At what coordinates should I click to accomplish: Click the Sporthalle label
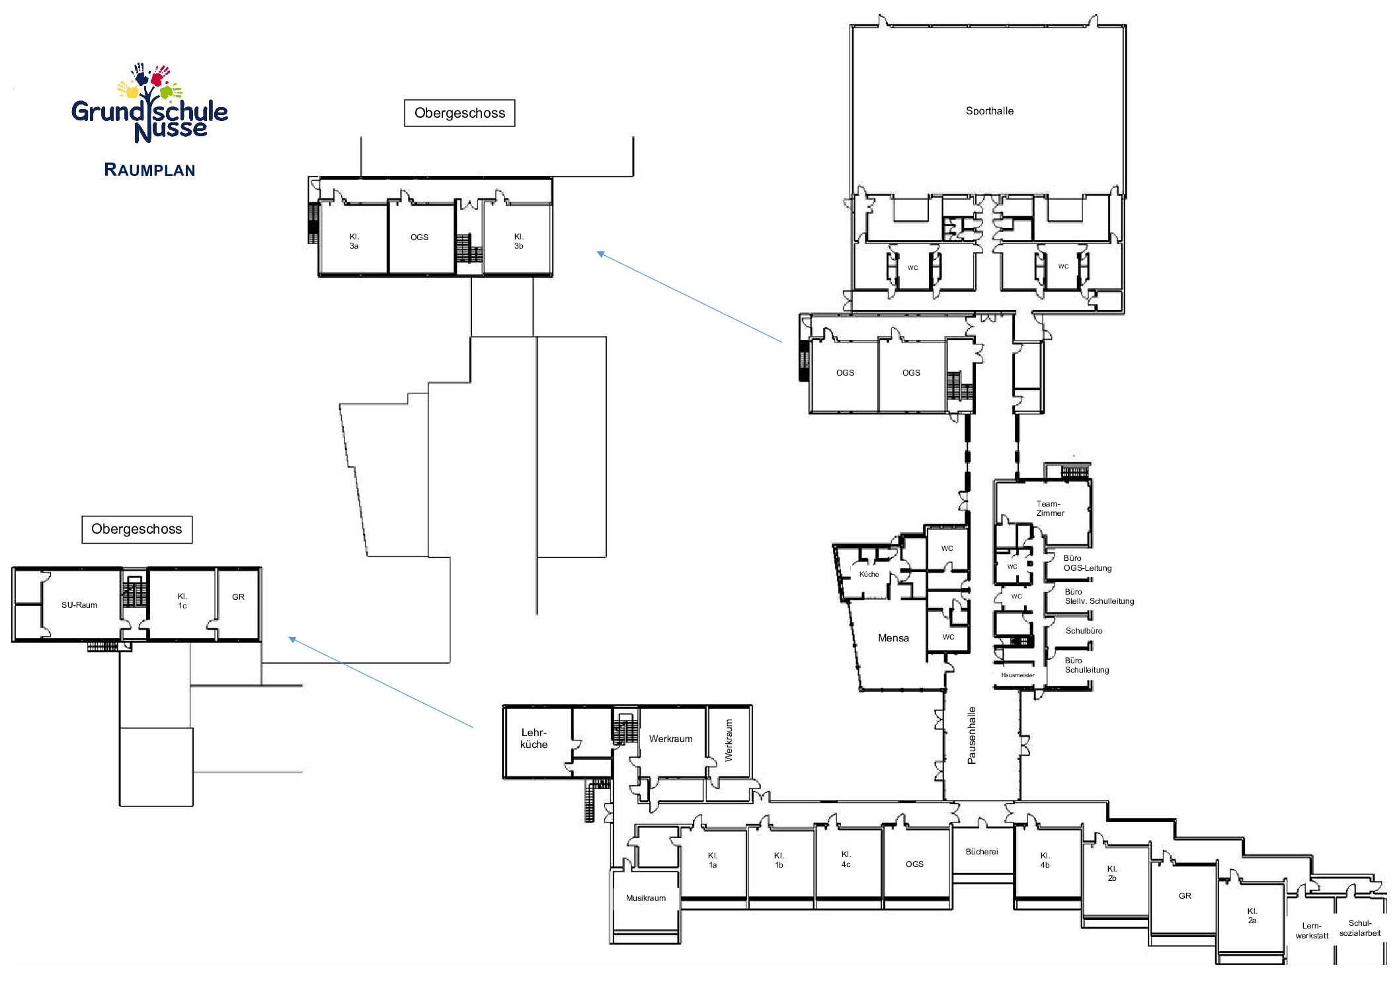(989, 111)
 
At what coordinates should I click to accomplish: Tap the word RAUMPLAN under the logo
(149, 170)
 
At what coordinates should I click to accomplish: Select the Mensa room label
(893, 638)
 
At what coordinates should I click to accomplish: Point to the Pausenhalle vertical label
(971, 735)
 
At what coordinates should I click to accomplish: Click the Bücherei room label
(981, 852)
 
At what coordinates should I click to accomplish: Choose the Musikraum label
(646, 898)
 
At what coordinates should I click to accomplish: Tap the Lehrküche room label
(534, 739)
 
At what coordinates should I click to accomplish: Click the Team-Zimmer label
(1050, 509)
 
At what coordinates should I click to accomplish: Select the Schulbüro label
(1084, 631)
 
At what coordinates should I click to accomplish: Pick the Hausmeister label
(1018, 675)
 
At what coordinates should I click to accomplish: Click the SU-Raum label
(79, 605)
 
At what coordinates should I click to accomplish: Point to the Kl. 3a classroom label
(354, 241)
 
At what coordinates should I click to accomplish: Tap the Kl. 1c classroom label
(182, 601)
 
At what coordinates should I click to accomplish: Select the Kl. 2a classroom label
(1252, 916)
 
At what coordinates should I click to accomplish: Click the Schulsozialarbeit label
(1360, 928)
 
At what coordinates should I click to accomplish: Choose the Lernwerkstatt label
(1312, 931)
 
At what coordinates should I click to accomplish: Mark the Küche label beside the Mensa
(869, 574)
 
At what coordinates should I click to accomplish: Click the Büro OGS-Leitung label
(1088, 563)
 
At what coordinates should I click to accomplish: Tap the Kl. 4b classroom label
(1045, 860)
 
